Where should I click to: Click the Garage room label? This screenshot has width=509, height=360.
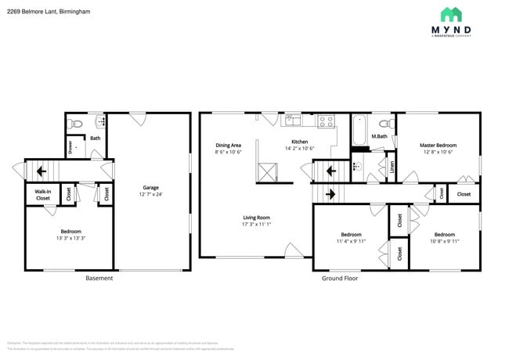[150, 188]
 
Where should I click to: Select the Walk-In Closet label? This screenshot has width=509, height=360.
[42, 195]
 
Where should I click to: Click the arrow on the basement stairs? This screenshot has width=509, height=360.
[41, 170]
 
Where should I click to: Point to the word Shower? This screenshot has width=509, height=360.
[70, 147]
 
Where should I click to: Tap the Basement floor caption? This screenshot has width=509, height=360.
[99, 278]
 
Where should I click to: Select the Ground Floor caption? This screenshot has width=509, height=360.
[340, 278]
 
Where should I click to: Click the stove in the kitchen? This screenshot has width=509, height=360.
[327, 121]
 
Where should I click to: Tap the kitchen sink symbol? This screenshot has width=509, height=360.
[293, 120]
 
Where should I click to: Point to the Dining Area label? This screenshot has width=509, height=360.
[228, 145]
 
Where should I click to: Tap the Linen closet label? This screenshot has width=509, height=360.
[392, 167]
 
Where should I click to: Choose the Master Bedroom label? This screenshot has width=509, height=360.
[438, 145]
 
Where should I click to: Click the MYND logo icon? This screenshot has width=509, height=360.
[450, 14]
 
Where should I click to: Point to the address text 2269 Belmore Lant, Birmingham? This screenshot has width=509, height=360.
[49, 11]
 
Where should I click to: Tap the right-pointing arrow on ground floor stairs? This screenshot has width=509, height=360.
[330, 193]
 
